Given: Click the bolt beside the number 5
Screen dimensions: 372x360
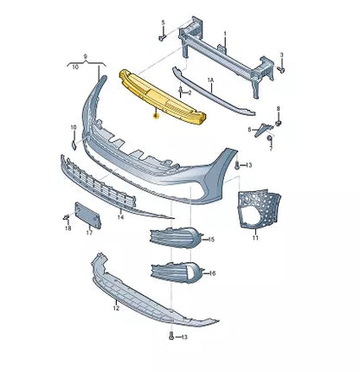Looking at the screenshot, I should click(162, 36).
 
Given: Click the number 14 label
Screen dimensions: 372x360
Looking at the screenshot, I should click(120, 218).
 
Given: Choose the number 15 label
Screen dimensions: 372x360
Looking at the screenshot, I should click(212, 238).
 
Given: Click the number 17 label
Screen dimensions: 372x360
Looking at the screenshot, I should click(89, 233).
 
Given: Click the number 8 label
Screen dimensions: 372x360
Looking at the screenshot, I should click(279, 109).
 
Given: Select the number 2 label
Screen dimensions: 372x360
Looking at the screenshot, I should click(190, 89).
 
